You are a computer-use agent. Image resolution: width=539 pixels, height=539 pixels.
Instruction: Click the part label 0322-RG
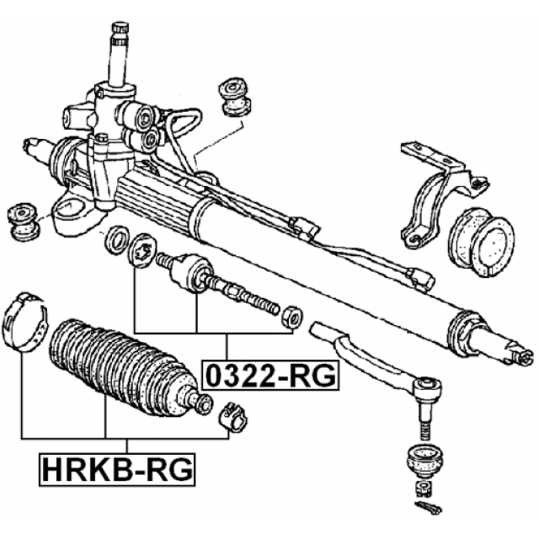coord(269,374)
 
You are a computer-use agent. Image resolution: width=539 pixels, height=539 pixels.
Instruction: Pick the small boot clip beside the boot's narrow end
coord(232,416)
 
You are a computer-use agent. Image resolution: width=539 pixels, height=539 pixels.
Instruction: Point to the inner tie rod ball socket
coord(188,270)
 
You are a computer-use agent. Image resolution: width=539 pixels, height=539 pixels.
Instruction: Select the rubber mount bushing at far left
coord(23,221)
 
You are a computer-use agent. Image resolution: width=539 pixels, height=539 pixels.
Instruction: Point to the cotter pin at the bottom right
coord(428,508)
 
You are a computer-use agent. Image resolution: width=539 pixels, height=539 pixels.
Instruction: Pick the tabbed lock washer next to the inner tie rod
coord(140,248)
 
